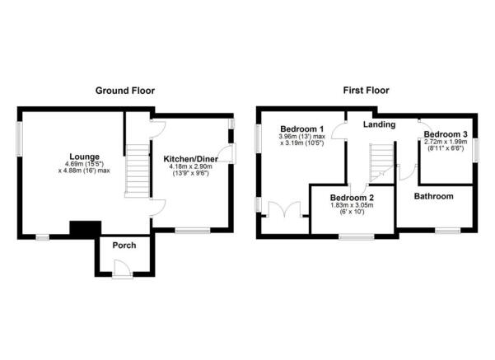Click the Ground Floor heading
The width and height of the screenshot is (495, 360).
point(125,91)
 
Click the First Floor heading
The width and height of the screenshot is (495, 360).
point(367,91)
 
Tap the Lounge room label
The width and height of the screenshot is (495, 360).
point(84,157)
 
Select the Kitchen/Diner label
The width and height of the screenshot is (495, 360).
point(191,159)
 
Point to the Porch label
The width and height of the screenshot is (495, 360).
point(124,245)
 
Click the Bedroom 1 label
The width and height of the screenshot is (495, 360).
point(302,129)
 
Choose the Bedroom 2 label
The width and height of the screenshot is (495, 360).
point(352,198)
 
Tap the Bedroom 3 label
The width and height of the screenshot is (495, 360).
point(446,134)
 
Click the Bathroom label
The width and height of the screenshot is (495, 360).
point(434,196)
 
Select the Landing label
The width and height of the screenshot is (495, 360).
point(379,124)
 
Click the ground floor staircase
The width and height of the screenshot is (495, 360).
point(138,171)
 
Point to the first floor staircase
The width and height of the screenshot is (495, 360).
point(382,163)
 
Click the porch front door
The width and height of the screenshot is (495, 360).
point(123,269)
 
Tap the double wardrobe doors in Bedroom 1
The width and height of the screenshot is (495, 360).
point(284,209)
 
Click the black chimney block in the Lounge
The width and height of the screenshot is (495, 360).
point(85,229)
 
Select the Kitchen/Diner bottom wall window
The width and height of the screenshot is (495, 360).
point(193,231)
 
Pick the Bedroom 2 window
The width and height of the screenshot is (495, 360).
point(357,236)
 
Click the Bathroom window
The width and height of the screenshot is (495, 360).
point(448,231)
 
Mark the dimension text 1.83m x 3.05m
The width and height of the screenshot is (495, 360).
point(352,205)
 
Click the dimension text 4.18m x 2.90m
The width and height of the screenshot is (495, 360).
point(191,166)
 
